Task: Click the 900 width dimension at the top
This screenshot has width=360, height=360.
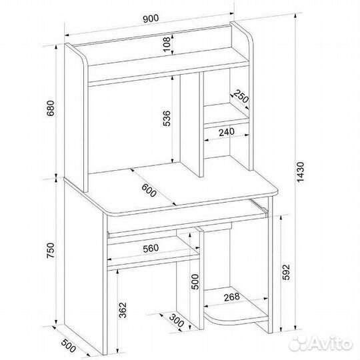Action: pos(151,19)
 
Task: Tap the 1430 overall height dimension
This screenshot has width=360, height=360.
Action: pos(301,172)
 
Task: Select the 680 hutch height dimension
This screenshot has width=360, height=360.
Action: pos(51,108)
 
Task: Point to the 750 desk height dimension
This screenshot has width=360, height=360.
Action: pos(51,251)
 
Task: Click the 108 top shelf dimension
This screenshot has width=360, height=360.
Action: pos(167,44)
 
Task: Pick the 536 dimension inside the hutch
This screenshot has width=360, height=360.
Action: pos(167,119)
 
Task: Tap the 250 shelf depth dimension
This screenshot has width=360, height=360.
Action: pos(241,97)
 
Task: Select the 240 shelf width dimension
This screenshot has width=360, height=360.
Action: pos(227,132)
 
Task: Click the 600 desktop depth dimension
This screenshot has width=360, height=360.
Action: pos(149,190)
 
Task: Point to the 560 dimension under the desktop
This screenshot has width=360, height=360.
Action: pos(151,249)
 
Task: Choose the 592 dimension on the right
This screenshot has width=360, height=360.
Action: pos(286,272)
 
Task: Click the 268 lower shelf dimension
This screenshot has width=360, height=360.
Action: pos(231,297)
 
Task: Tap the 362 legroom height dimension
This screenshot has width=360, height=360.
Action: pos(123,310)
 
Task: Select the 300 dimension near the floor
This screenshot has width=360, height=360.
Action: pos(177,320)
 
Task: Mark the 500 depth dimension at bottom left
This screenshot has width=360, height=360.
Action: pos(69,345)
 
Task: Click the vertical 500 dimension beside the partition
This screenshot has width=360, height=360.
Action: pos(195,282)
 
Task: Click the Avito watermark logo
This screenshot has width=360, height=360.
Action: pos(321,344)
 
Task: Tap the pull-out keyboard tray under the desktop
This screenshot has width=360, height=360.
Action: pos(187,221)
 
